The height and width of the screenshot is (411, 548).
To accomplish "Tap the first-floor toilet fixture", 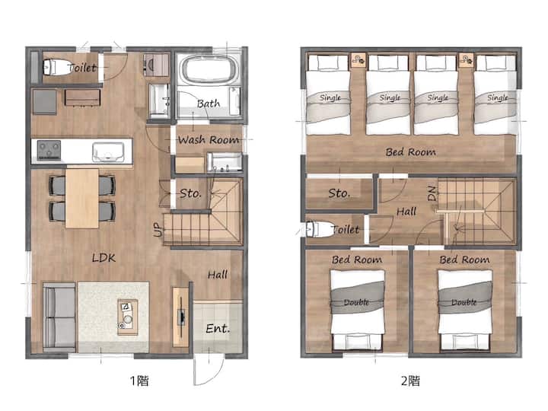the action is [56, 67].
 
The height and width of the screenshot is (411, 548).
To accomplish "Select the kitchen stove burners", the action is [49, 150].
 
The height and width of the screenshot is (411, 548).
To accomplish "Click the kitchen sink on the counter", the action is [108, 152].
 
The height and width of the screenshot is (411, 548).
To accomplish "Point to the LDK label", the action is [104, 258].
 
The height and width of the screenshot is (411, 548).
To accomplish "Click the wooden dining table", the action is [82, 198].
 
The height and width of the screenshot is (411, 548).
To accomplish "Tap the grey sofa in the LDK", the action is [59, 317].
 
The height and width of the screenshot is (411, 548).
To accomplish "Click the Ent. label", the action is [218, 328].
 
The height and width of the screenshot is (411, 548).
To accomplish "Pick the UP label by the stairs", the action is [158, 229].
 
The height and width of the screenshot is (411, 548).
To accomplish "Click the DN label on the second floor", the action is [432, 193].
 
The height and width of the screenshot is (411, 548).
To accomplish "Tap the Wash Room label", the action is [209, 140].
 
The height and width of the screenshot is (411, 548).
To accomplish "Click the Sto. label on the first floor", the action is [190, 193].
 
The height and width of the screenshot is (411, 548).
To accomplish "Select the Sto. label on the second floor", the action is [339, 193].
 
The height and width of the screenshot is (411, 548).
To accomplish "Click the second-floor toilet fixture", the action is [319, 229].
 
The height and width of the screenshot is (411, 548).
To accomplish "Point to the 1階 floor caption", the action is [139, 381].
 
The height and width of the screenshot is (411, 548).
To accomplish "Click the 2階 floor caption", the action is [410, 381].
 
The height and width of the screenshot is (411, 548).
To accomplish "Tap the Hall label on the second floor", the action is [406, 212].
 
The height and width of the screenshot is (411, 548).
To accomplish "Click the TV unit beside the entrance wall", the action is [180, 317].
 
